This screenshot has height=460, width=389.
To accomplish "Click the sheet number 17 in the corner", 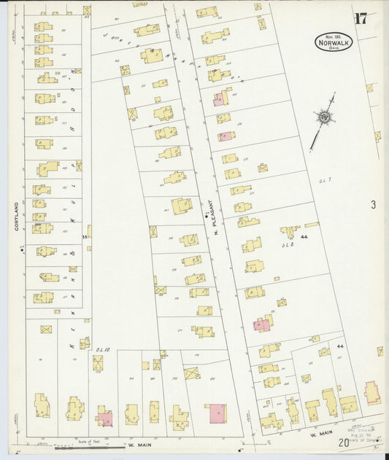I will [x=361, y=19].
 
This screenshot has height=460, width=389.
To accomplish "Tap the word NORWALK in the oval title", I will [x=334, y=43].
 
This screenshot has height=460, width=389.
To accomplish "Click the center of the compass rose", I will [x=322, y=117].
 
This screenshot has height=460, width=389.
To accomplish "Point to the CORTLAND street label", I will [x=15, y=217].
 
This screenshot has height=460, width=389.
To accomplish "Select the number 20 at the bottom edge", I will [x=343, y=442].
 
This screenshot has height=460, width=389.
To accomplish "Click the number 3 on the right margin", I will [x=372, y=205].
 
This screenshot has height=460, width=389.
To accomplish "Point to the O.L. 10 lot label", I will [x=101, y=350].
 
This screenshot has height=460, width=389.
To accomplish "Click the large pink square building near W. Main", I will [x=217, y=414].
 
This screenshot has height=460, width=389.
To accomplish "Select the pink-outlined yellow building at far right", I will [x=371, y=392].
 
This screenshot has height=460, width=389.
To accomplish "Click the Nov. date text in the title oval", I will [x=333, y=36].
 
